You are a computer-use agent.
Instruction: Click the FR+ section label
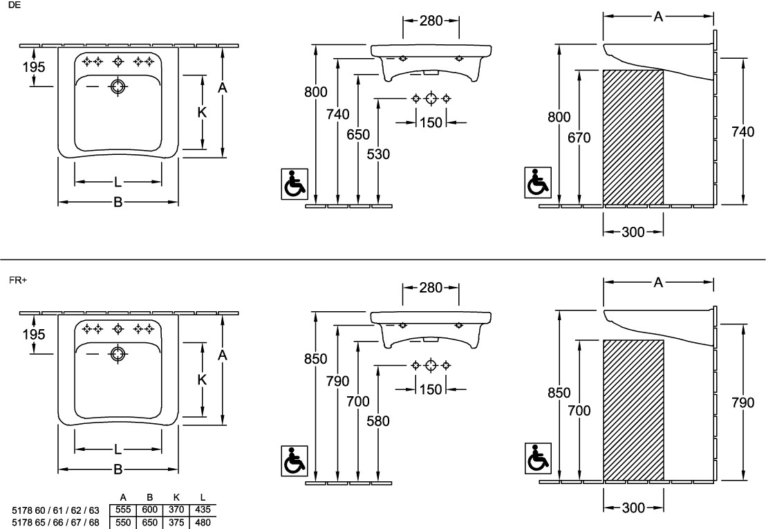click(x=17, y=280)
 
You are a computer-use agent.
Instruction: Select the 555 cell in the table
click(x=122, y=510)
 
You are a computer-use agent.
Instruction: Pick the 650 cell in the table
click(x=149, y=522)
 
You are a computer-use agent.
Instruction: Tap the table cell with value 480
click(x=203, y=522)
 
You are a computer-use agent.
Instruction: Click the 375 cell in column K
click(x=176, y=522)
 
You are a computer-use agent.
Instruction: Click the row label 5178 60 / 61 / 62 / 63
click(x=55, y=510)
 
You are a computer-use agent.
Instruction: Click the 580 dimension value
click(x=379, y=420)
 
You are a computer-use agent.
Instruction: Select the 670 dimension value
click(x=579, y=138)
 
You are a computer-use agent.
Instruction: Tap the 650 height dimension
click(x=358, y=135)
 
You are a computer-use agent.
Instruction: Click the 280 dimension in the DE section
click(x=431, y=20)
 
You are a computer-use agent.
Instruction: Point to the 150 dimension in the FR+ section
click(x=430, y=389)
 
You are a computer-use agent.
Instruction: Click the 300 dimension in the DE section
click(x=633, y=232)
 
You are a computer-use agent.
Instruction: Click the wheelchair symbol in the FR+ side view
click(x=538, y=457)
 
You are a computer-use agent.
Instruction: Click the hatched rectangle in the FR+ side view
click(x=633, y=409)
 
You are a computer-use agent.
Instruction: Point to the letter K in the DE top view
click(x=202, y=112)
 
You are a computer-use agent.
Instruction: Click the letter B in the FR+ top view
click(x=118, y=469)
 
